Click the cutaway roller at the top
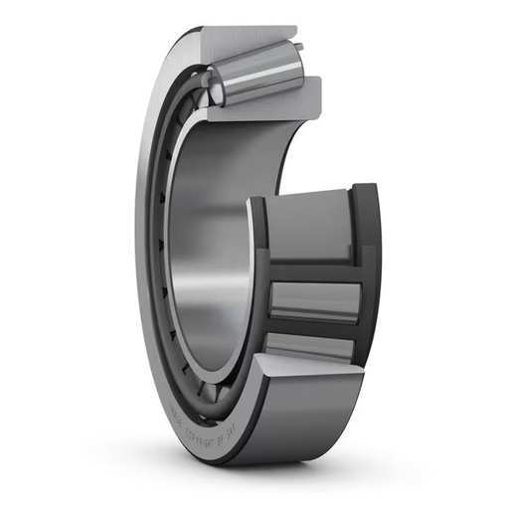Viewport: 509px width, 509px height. click(x=260, y=78)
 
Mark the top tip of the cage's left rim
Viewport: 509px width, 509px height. click(x=256, y=202)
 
